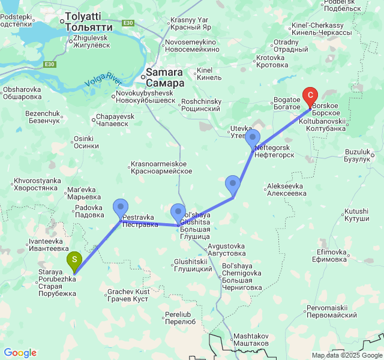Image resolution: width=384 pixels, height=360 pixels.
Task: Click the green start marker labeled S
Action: [x=73, y=260]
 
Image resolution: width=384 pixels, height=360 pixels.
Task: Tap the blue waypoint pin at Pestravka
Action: [x=121, y=208]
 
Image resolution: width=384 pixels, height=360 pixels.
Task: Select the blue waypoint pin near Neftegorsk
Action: [x=253, y=139]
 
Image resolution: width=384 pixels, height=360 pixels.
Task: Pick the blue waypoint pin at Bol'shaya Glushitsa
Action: [x=178, y=214]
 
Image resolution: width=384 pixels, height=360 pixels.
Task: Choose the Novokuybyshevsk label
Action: [x=145, y=97]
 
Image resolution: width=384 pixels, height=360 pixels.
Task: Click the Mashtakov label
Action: [x=251, y=339]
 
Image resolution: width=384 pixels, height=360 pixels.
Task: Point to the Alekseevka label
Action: [x=287, y=190]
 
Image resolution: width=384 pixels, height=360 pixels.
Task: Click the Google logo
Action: [x=20, y=353]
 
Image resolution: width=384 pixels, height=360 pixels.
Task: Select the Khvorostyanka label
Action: [x=37, y=184]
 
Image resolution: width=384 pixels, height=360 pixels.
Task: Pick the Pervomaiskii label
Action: [x=331, y=311]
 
